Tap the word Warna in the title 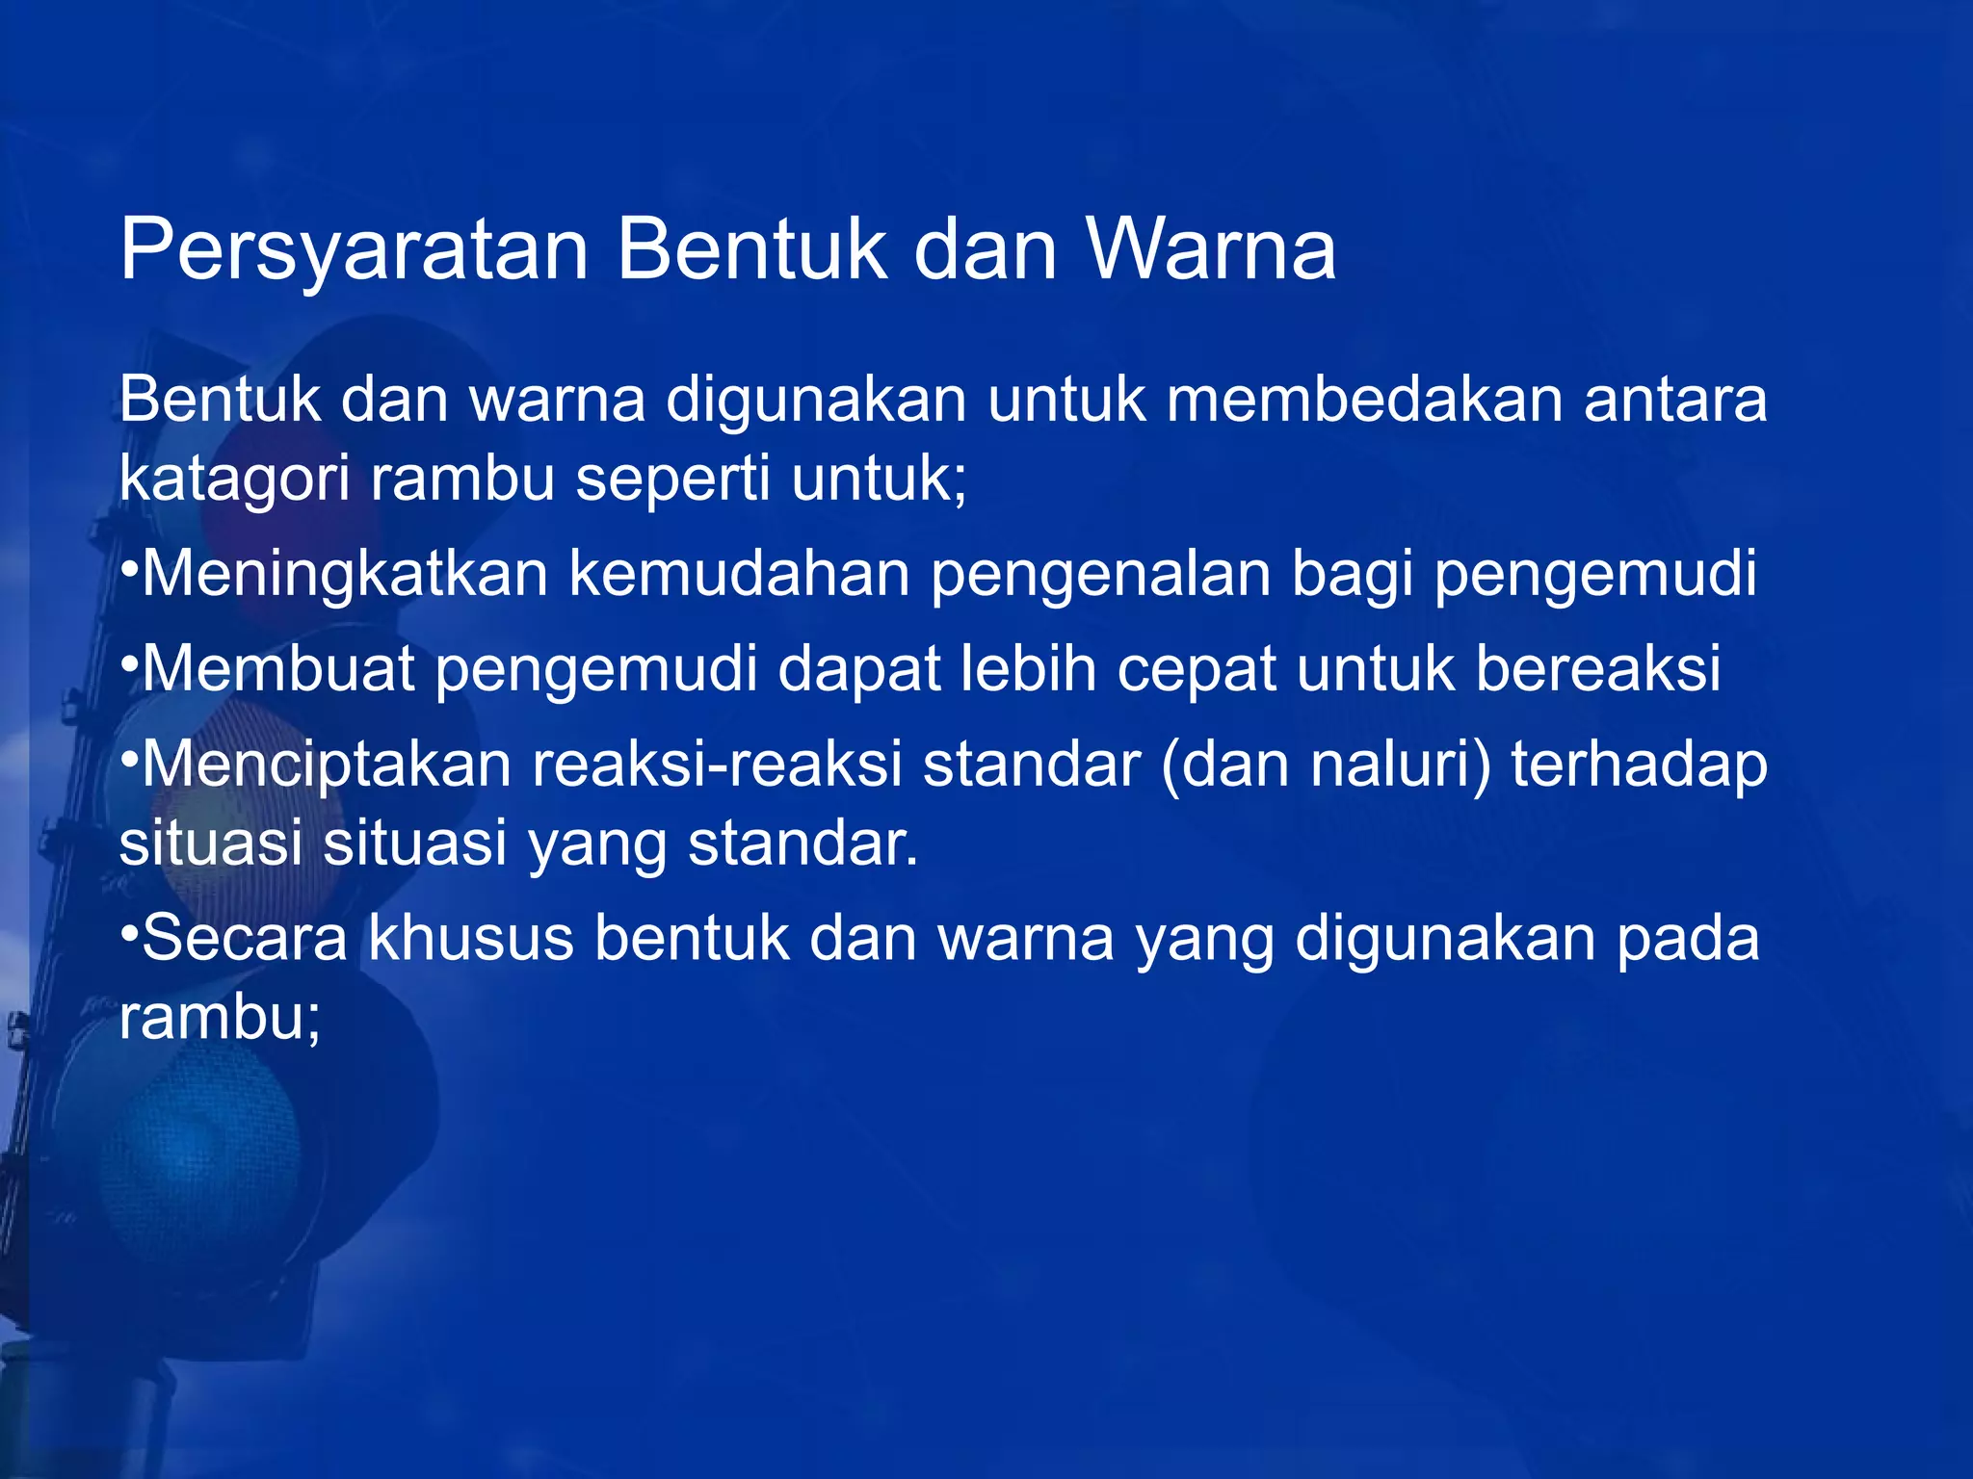[x=1212, y=249]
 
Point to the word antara [x=1675, y=400]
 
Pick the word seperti [x=672, y=479]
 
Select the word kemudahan [x=739, y=574]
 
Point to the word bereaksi [x=1598, y=668]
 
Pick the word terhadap [x=1639, y=765]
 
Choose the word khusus [x=471, y=938]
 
